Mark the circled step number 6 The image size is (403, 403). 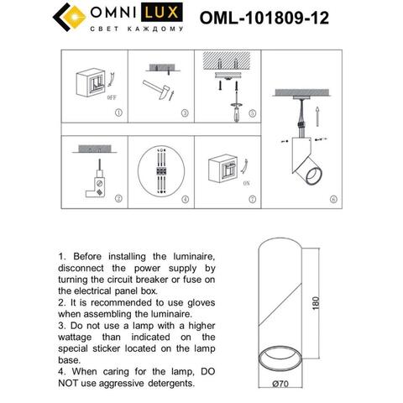coord(332,200)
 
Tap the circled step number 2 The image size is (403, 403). coord(119,200)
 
